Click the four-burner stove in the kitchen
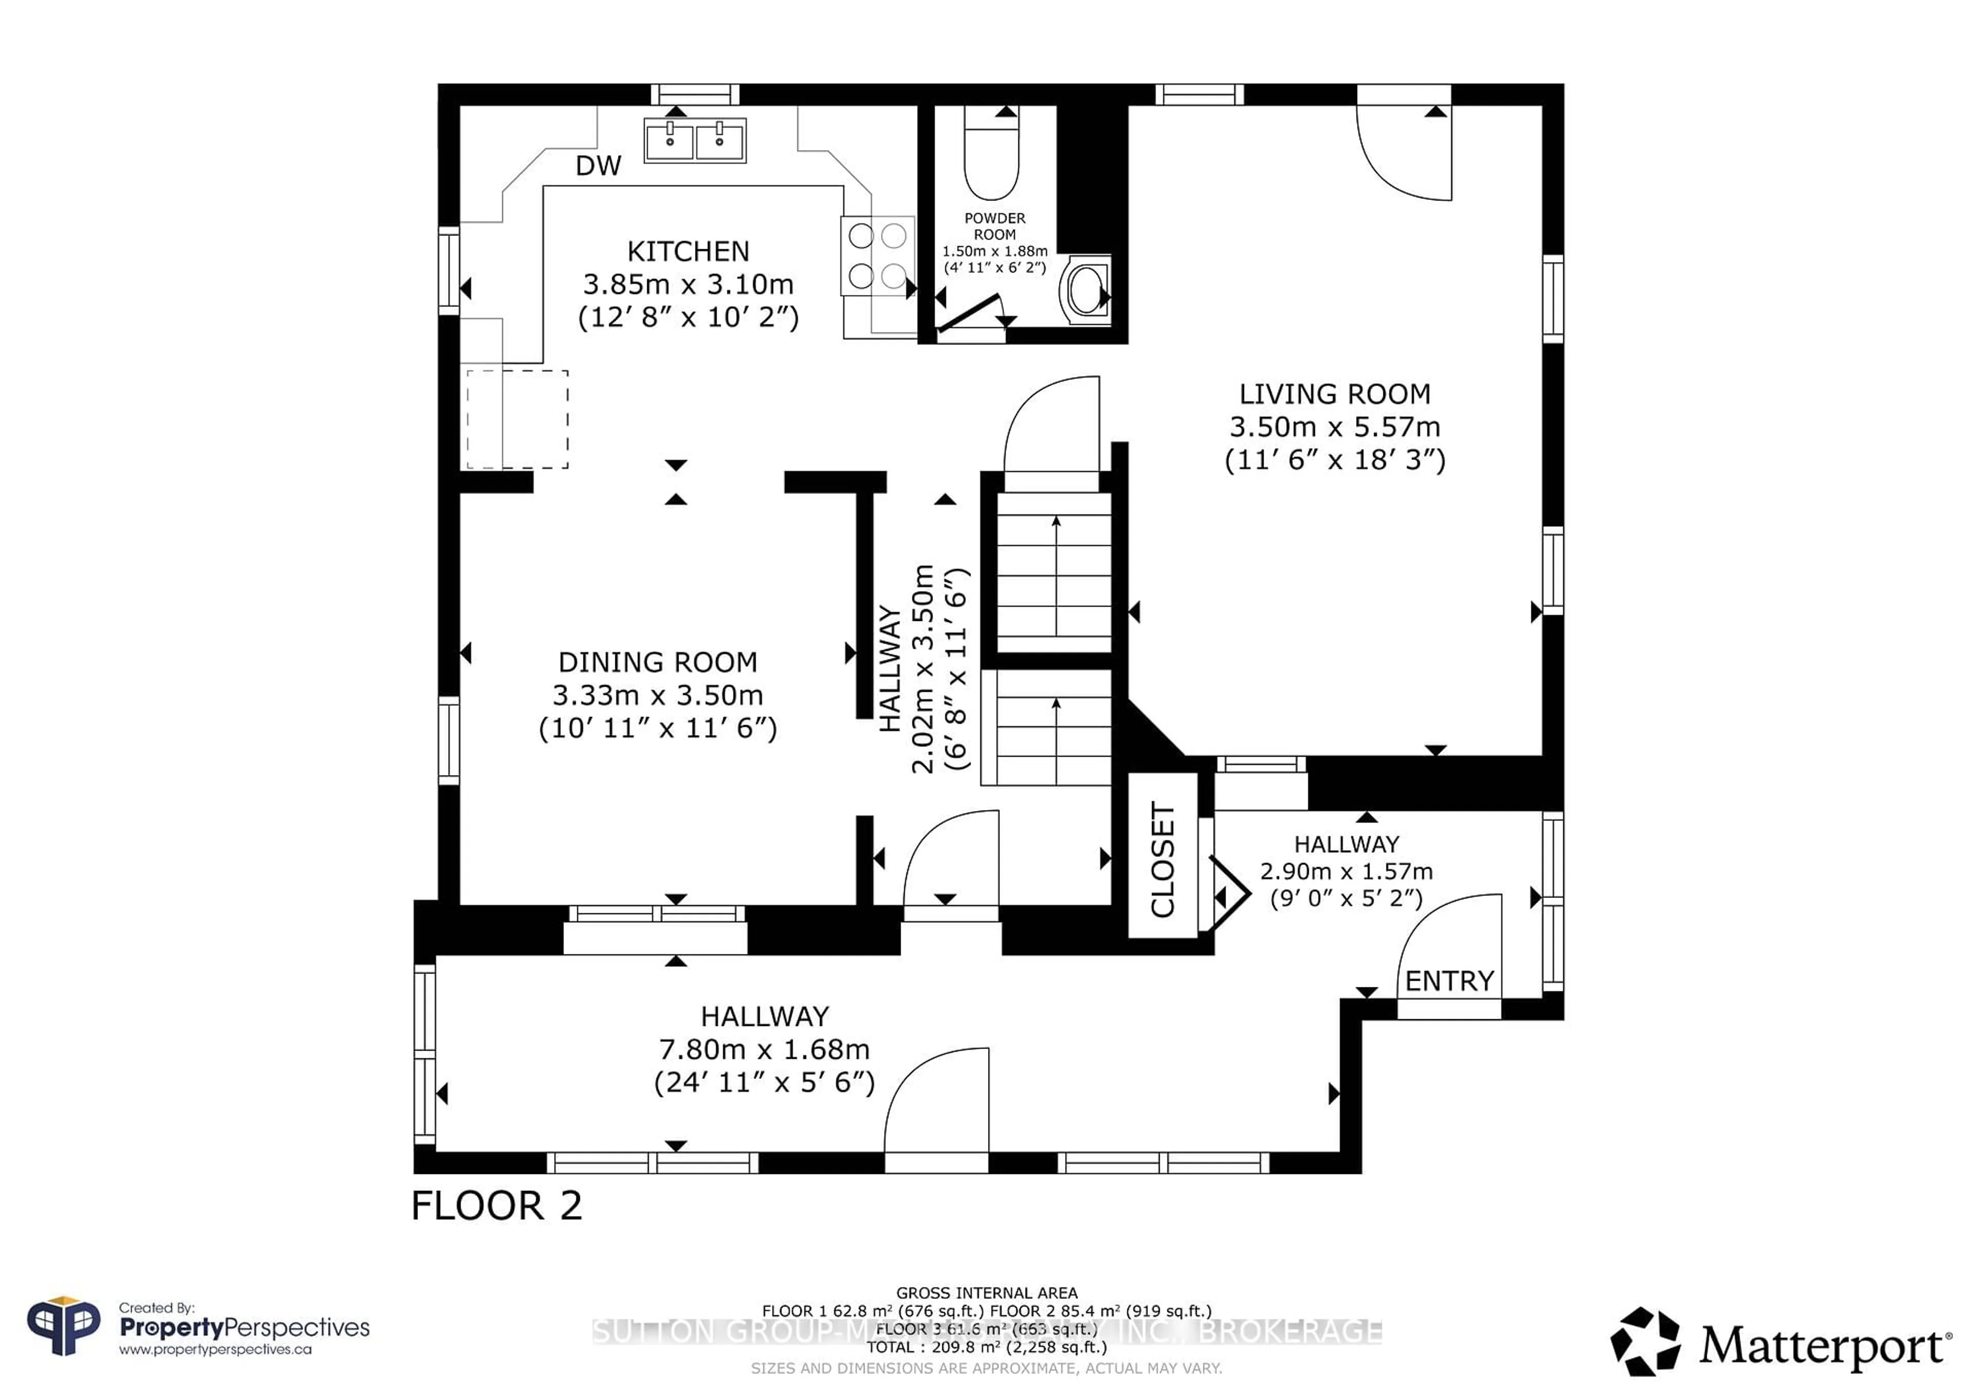pyautogui.click(x=877, y=255)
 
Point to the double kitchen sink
pyautogui.click(x=694, y=140)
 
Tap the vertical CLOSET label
pyautogui.click(x=1162, y=859)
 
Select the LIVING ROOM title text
pyautogui.click(x=1335, y=394)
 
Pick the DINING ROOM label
pyautogui.click(x=657, y=662)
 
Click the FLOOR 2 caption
pyautogui.click(x=497, y=1205)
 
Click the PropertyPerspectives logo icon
pyautogui.click(x=64, y=1327)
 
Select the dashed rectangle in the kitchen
pyautogui.click(x=517, y=419)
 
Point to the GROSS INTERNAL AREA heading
pyautogui.click(x=986, y=1293)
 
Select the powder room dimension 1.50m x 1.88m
pyautogui.click(x=995, y=251)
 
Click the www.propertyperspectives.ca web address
pyautogui.click(x=215, y=1350)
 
